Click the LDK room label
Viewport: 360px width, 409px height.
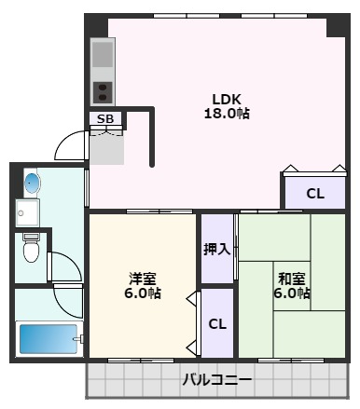click(226, 99)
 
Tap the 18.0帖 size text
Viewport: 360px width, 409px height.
click(226, 114)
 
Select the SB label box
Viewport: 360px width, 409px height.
click(104, 119)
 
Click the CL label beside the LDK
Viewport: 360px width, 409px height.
click(315, 194)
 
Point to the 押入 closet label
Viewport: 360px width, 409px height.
click(216, 249)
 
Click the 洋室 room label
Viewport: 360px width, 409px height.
click(143, 278)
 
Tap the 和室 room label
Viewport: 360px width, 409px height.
click(291, 278)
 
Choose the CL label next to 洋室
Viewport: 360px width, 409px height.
click(216, 324)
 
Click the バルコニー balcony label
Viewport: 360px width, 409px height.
click(216, 380)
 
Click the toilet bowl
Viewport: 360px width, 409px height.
click(32, 250)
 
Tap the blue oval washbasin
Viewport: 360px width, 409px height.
click(31, 182)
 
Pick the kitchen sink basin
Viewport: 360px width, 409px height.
click(103, 55)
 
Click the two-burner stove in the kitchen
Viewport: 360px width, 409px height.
click(103, 91)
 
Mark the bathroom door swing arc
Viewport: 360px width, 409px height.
click(67, 300)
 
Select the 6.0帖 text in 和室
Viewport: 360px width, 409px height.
click(291, 293)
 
